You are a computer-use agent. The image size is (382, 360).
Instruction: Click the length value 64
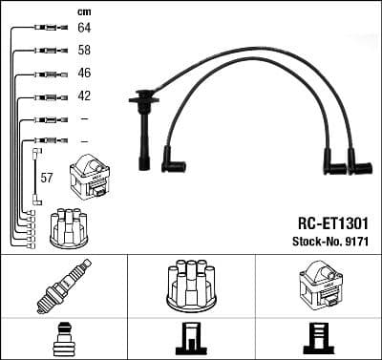pos(84,30)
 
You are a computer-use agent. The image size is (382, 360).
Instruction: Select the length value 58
pos(84,52)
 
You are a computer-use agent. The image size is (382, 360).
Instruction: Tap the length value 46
pos(84,74)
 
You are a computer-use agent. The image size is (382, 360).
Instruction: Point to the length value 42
pos(84,96)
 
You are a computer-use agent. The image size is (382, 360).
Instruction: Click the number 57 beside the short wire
pos(46,178)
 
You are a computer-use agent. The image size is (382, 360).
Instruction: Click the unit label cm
pos(83,11)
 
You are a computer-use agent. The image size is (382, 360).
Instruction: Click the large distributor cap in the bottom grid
pos(190,285)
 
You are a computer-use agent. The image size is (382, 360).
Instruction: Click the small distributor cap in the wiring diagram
pos(70,224)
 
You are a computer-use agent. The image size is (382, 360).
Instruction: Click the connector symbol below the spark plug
pos(63,340)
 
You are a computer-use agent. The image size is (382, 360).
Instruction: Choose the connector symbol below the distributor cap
pos(190,340)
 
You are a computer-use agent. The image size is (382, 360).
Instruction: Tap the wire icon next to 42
pos(46,96)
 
